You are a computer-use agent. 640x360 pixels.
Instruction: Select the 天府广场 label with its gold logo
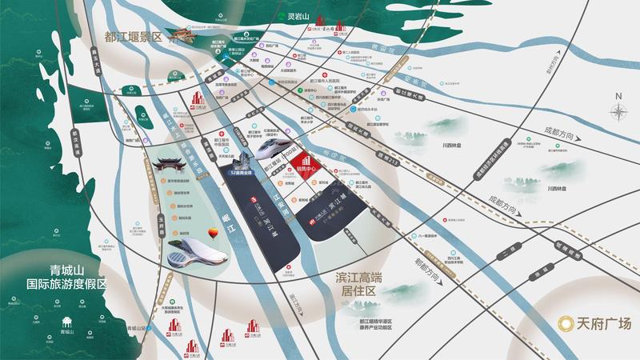[x=594, y=323]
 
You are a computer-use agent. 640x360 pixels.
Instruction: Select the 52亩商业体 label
[x=243, y=171]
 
